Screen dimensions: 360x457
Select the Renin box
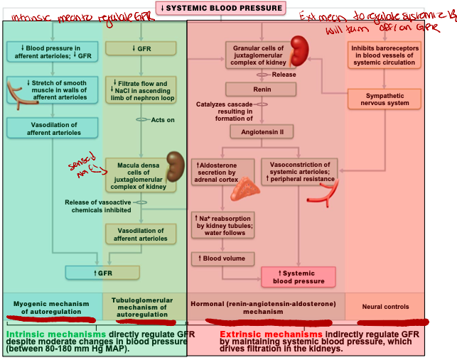point(261,89)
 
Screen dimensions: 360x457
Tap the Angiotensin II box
point(262,131)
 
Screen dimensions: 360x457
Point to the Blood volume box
point(222,259)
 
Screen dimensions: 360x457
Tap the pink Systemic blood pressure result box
point(299,276)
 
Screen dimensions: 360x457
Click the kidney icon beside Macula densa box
point(174,167)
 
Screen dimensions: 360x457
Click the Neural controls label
point(387,307)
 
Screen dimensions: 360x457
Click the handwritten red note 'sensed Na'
point(84,167)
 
